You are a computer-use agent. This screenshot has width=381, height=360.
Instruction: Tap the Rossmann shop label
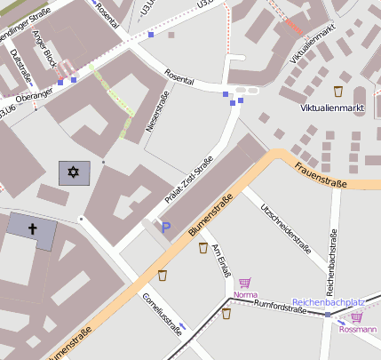358,329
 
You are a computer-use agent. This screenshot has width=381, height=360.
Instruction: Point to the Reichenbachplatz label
329,302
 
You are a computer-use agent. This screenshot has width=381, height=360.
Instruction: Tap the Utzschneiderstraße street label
285,228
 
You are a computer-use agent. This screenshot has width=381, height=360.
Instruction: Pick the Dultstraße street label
19,66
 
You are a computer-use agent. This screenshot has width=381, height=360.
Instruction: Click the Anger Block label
44,51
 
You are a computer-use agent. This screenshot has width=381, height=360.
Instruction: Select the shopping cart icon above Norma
244,282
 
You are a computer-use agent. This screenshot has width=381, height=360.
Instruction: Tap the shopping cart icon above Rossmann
357,316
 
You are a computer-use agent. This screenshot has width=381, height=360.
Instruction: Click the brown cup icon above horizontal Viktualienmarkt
338,91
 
